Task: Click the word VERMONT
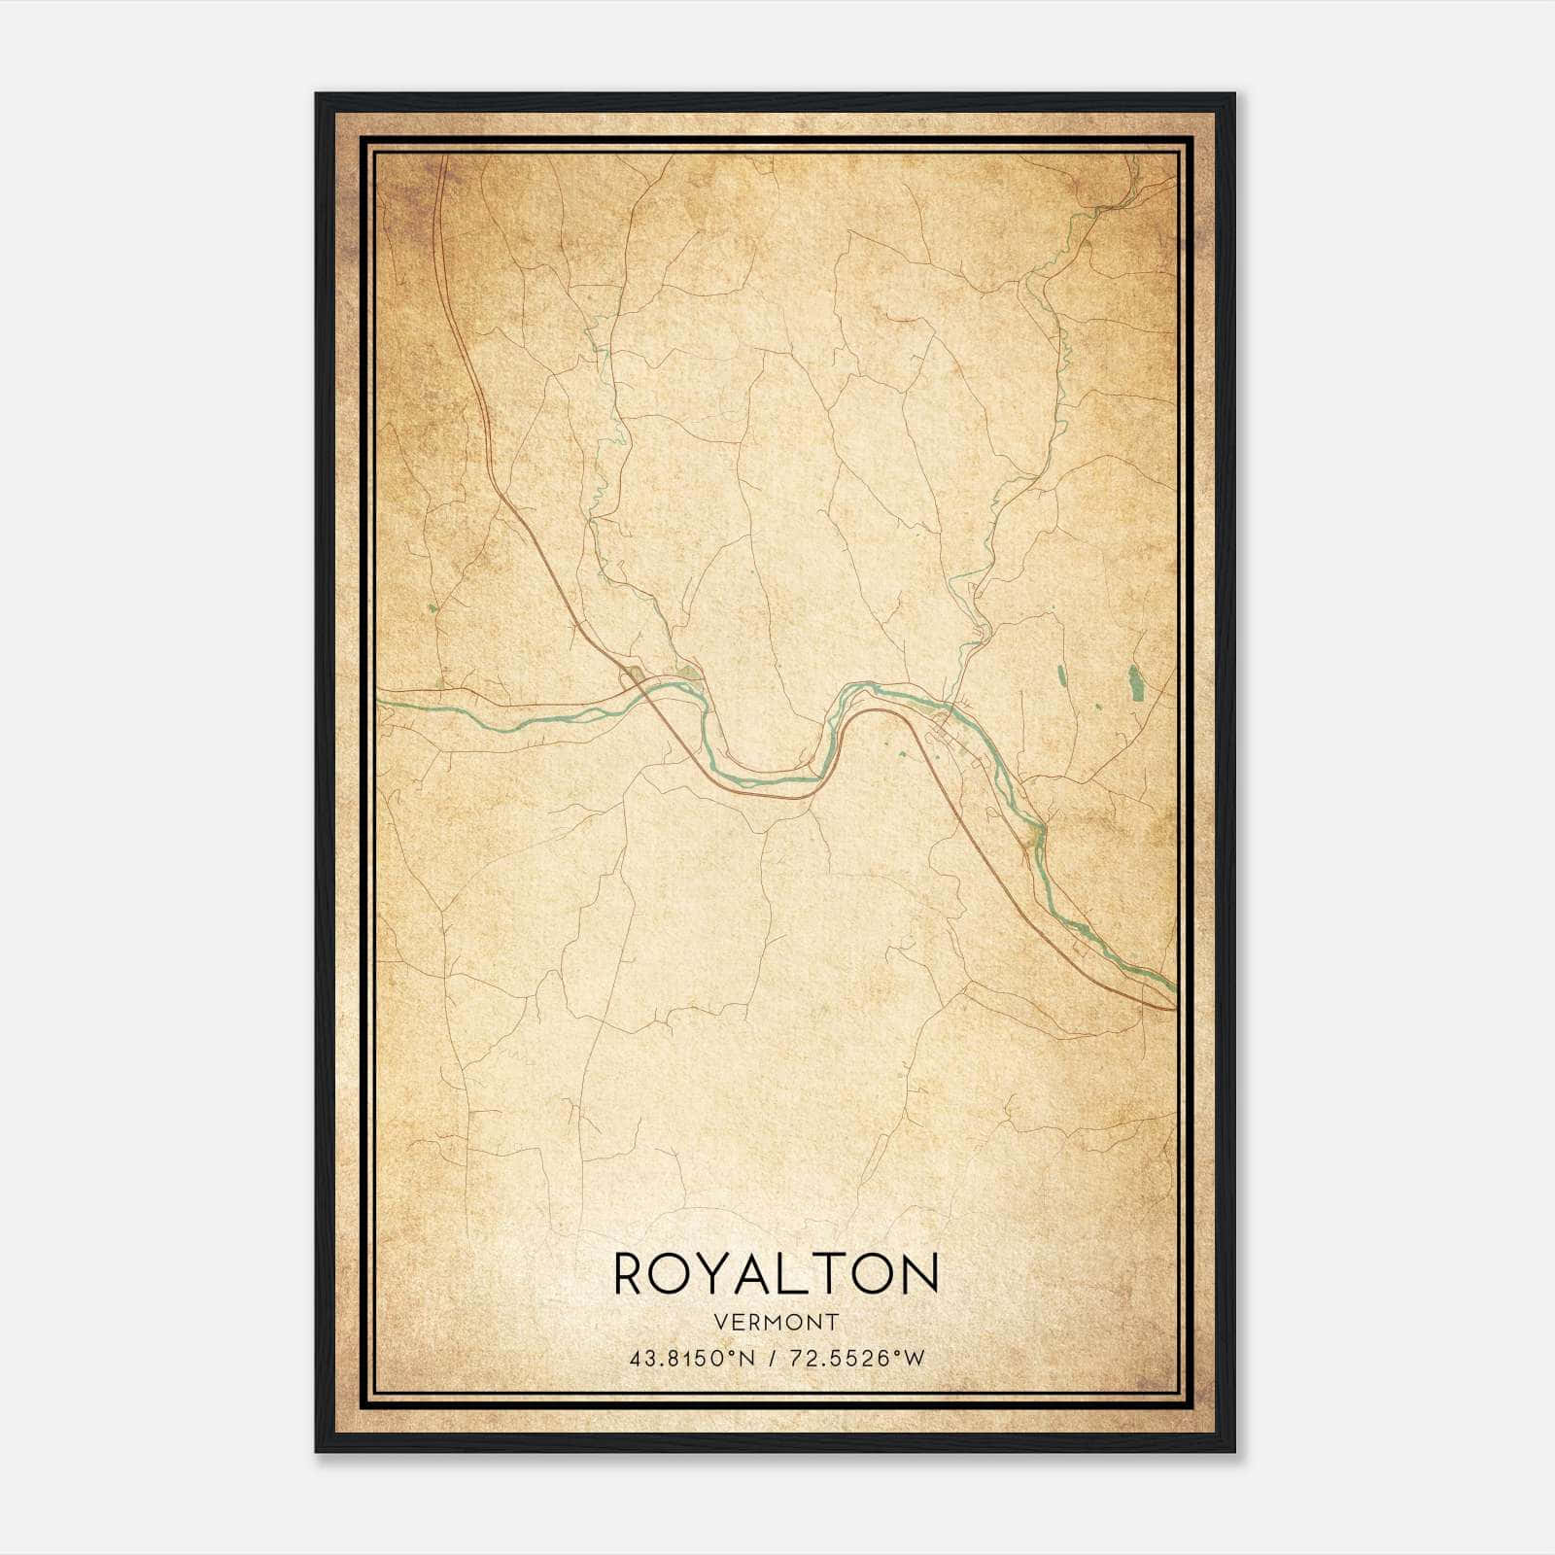coord(777,1322)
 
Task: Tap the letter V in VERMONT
coord(720,1322)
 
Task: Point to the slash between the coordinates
coord(772,1358)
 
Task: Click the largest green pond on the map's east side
coord(1135,682)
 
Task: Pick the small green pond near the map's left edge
coord(432,609)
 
